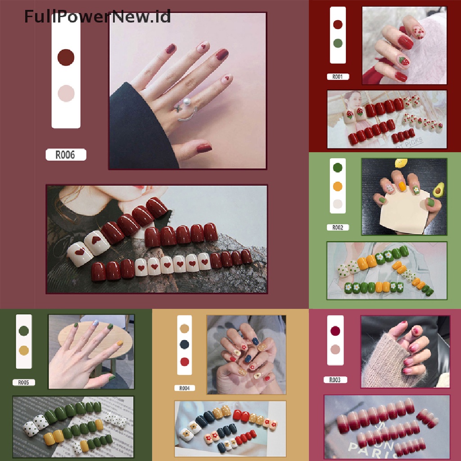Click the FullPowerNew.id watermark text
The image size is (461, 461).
coord(97,17)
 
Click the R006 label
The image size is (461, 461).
coord(65,155)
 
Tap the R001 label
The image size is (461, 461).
coord(338,77)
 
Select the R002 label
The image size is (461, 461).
coord(338,227)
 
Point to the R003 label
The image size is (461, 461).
coord(335,380)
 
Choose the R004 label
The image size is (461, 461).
coord(185,388)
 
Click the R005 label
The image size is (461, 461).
coord(23,383)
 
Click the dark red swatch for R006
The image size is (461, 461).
coord(66,57)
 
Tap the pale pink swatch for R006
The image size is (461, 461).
coord(66,93)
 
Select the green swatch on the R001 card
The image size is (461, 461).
coord(338,44)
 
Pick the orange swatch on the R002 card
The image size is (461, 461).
coord(338,186)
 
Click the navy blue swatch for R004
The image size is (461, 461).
coord(184,344)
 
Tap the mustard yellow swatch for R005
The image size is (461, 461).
coord(24,350)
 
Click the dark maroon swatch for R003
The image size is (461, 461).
coord(335,331)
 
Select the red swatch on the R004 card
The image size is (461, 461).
coord(184,361)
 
